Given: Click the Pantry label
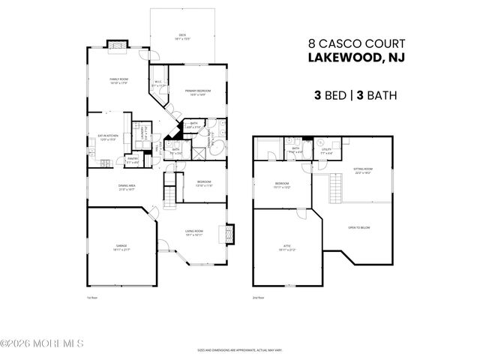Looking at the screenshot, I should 132,160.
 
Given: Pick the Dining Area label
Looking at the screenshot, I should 126,186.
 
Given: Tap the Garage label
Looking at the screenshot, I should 121,246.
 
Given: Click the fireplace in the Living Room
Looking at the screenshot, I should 231,233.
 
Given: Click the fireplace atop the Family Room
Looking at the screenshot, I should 116,45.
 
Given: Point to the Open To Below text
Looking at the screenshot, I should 358,226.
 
